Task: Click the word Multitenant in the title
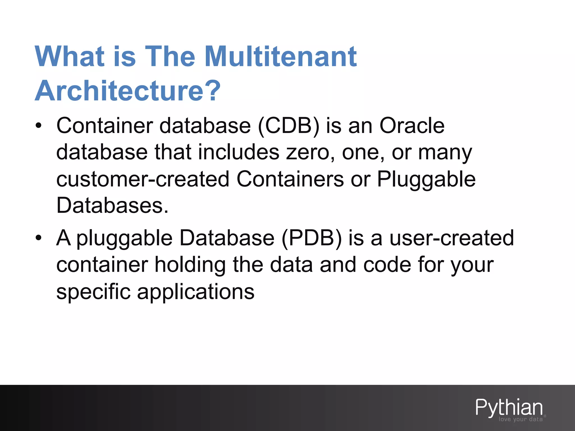coord(281,57)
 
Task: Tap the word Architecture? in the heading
coord(128,91)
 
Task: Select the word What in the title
coord(70,57)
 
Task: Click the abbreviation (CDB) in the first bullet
coord(288,126)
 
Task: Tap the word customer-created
coord(143,179)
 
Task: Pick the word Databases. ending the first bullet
coord(112,205)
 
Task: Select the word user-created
coord(452,238)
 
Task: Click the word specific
coord(93,292)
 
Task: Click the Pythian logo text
coord(509,407)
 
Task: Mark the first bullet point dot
coord(38,126)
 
